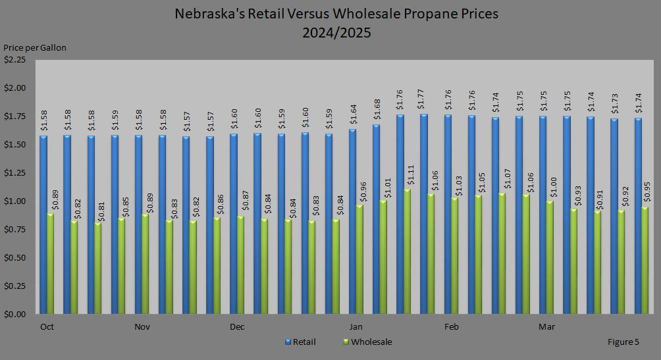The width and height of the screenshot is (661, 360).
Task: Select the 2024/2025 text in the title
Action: pos(336,33)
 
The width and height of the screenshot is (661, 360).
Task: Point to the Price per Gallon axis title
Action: pos(35,47)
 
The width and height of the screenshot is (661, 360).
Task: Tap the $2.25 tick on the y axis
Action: pos(15,60)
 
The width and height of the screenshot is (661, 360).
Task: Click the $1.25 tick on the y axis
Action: pos(15,173)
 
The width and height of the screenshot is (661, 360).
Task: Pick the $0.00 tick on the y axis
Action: pos(15,315)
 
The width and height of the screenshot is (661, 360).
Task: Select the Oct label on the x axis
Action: pos(47,327)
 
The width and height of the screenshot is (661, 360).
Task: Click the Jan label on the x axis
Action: pos(356,327)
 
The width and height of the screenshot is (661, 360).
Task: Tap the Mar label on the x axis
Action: pos(546,327)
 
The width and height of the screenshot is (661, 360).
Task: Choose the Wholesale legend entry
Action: pos(371,342)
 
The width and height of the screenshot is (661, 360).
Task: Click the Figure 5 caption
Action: pos(623,342)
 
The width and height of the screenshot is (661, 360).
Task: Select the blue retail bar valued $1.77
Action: pos(424,214)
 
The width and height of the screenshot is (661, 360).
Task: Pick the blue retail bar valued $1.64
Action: pos(352,221)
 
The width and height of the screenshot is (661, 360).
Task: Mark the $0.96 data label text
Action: pos(359,192)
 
